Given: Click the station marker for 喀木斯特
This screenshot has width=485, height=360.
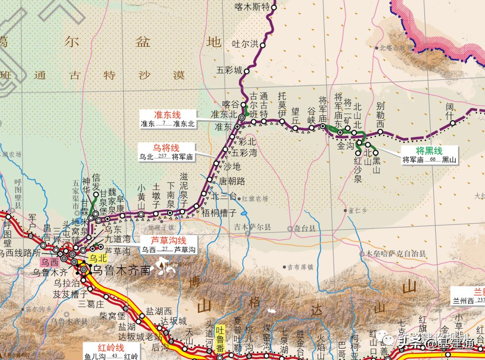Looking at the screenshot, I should tap(273, 7).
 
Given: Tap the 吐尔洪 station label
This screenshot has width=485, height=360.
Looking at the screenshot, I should tap(245, 44).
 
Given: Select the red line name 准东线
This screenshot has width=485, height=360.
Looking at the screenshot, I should tap(168, 115).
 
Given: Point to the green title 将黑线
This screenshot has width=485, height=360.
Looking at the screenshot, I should tap(429, 151).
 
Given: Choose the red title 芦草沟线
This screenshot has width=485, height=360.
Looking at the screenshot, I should tap(168, 240).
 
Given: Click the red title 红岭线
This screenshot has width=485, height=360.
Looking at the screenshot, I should tap(111, 348).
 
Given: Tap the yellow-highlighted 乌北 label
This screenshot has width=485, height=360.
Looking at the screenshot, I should tap(98, 258).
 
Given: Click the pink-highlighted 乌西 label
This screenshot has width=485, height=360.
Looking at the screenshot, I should tap(49, 262).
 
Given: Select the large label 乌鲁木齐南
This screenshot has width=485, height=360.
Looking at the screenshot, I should tap(121, 270).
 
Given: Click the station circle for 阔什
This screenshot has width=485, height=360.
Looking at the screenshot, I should tap(453, 123).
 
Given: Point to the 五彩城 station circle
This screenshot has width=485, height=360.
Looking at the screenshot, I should tap(247, 71).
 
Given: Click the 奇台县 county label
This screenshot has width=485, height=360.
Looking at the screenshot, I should tap(305, 228).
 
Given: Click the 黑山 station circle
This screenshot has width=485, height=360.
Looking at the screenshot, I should tap(376, 153).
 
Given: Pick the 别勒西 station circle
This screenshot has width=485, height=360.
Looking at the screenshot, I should tap(380, 132).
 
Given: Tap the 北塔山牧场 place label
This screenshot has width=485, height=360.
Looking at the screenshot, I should tap(396, 48).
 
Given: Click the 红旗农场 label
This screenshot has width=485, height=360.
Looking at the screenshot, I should tap(255, 199).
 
